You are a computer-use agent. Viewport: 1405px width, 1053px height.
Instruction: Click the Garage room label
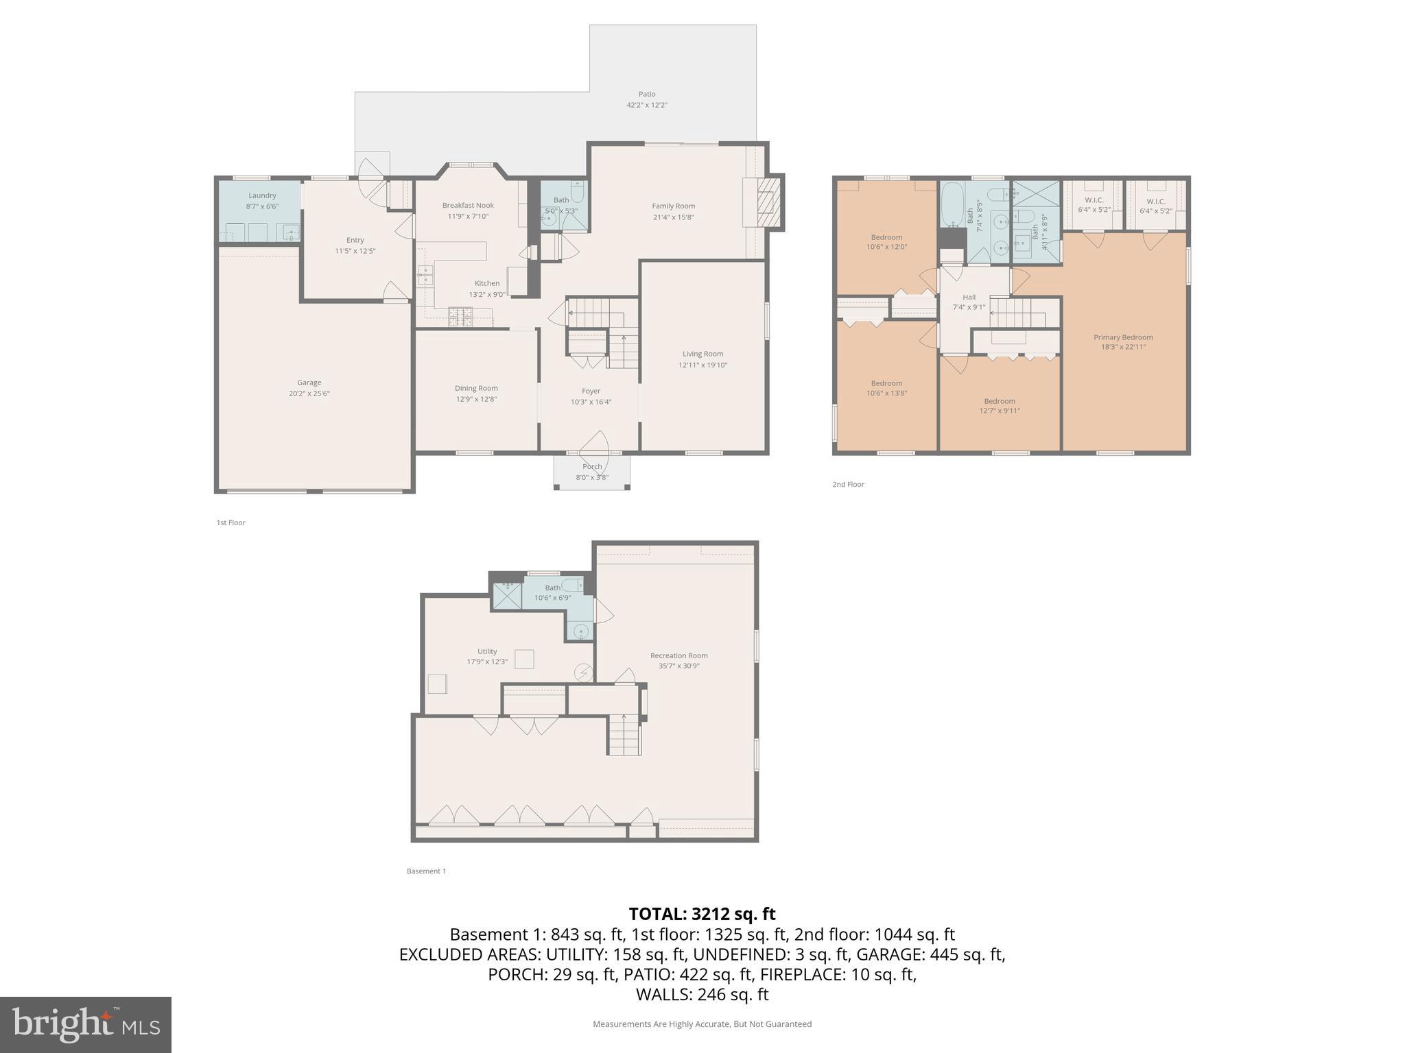pyautogui.click(x=309, y=383)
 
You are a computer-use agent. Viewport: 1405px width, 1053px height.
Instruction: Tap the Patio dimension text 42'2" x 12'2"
pyautogui.click(x=646, y=105)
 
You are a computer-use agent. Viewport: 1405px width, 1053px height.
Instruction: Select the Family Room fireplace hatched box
pyautogui.click(x=768, y=202)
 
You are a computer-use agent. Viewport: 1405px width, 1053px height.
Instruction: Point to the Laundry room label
pyautogui.click(x=262, y=195)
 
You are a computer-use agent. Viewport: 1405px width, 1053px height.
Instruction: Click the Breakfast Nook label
pyautogui.click(x=468, y=205)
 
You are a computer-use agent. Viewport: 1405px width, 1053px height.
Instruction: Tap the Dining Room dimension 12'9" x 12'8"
pyautogui.click(x=476, y=399)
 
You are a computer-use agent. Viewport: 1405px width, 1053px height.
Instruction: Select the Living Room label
pyautogui.click(x=702, y=354)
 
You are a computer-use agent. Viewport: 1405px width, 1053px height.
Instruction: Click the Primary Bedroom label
pyautogui.click(x=1123, y=337)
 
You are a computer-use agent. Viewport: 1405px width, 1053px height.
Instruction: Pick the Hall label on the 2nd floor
pyautogui.click(x=969, y=297)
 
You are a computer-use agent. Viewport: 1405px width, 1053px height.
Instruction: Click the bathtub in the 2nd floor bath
pyautogui.click(x=952, y=205)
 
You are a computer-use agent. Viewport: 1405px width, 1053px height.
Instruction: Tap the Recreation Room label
pyautogui.click(x=678, y=655)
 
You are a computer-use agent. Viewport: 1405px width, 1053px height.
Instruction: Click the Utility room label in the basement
pyautogui.click(x=487, y=651)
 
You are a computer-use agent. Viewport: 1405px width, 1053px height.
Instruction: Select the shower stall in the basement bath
pyautogui.click(x=507, y=595)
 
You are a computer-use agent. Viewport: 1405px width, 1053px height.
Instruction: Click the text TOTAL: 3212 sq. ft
pyautogui.click(x=702, y=914)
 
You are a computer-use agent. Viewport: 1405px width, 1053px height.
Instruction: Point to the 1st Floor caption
pyautogui.click(x=231, y=522)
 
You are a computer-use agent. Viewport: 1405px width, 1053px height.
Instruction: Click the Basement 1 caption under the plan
pyautogui.click(x=426, y=871)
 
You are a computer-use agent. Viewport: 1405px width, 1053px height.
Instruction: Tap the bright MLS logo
pyautogui.click(x=86, y=1024)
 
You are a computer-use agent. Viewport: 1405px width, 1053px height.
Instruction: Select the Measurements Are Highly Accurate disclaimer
pyautogui.click(x=702, y=1024)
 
